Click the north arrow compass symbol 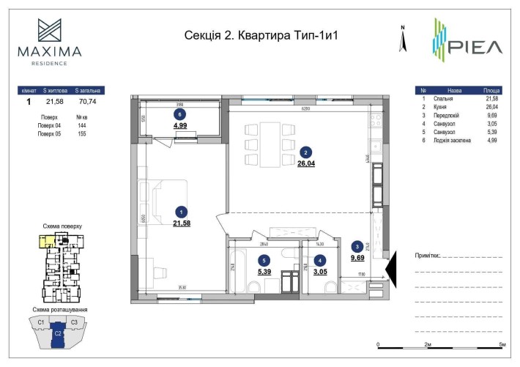tap(402, 40)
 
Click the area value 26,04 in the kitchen tap(305, 165)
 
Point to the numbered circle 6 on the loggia tap(179, 114)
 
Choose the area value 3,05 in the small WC tap(319, 271)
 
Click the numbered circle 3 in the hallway tap(357, 246)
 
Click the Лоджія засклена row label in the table tap(454, 139)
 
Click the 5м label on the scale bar tap(502, 344)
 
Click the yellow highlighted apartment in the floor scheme tap(45, 240)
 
